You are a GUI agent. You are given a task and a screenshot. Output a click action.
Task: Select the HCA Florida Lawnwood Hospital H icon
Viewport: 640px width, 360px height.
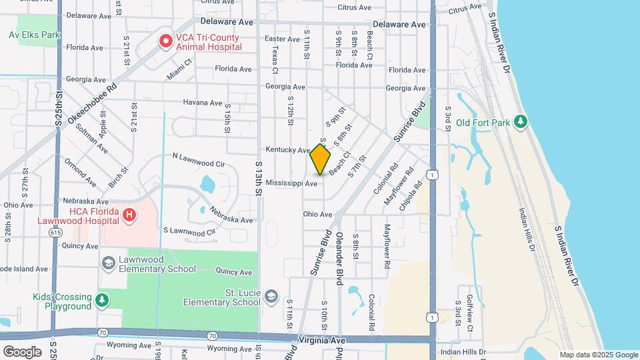click(x=130, y=215)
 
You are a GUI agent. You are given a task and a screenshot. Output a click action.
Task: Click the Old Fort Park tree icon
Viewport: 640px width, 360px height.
click(x=521, y=122)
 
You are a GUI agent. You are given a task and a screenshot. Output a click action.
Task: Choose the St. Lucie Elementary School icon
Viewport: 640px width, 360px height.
click(x=271, y=296)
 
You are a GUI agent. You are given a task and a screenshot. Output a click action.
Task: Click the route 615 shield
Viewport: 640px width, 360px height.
click(x=56, y=232)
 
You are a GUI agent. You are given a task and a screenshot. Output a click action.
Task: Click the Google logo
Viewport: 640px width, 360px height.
click(x=22, y=351)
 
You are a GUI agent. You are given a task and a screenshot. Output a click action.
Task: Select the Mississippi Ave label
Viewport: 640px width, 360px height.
click(x=291, y=183)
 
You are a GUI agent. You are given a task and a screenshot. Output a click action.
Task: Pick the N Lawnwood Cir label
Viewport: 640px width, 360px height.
click(x=199, y=160)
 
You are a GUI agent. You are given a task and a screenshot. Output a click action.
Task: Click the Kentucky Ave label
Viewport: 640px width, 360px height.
click(x=288, y=150)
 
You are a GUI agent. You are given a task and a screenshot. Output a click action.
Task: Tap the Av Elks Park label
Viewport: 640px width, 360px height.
click(x=35, y=35)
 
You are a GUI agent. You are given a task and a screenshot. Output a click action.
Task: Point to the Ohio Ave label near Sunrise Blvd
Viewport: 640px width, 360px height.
click(x=317, y=215)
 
